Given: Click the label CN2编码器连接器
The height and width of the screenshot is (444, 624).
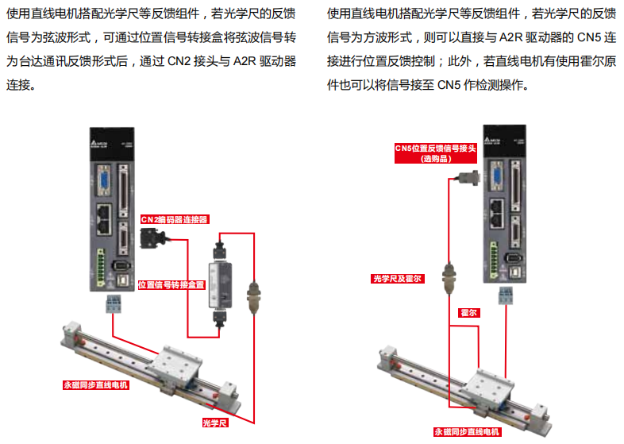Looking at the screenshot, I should (x=174, y=219).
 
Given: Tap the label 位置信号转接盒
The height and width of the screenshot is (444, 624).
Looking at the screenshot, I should (x=171, y=284).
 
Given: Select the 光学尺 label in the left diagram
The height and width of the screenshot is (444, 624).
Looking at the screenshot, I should (x=215, y=423).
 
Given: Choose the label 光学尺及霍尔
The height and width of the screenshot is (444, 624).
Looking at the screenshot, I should (x=399, y=279).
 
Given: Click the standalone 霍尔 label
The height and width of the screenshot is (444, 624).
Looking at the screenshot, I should (x=469, y=313).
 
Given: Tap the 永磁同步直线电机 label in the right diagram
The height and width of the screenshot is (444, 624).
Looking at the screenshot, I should (x=467, y=432).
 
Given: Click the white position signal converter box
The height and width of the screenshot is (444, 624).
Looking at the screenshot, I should (x=220, y=282).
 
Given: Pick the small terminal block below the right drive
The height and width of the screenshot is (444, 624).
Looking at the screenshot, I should (x=507, y=295).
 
